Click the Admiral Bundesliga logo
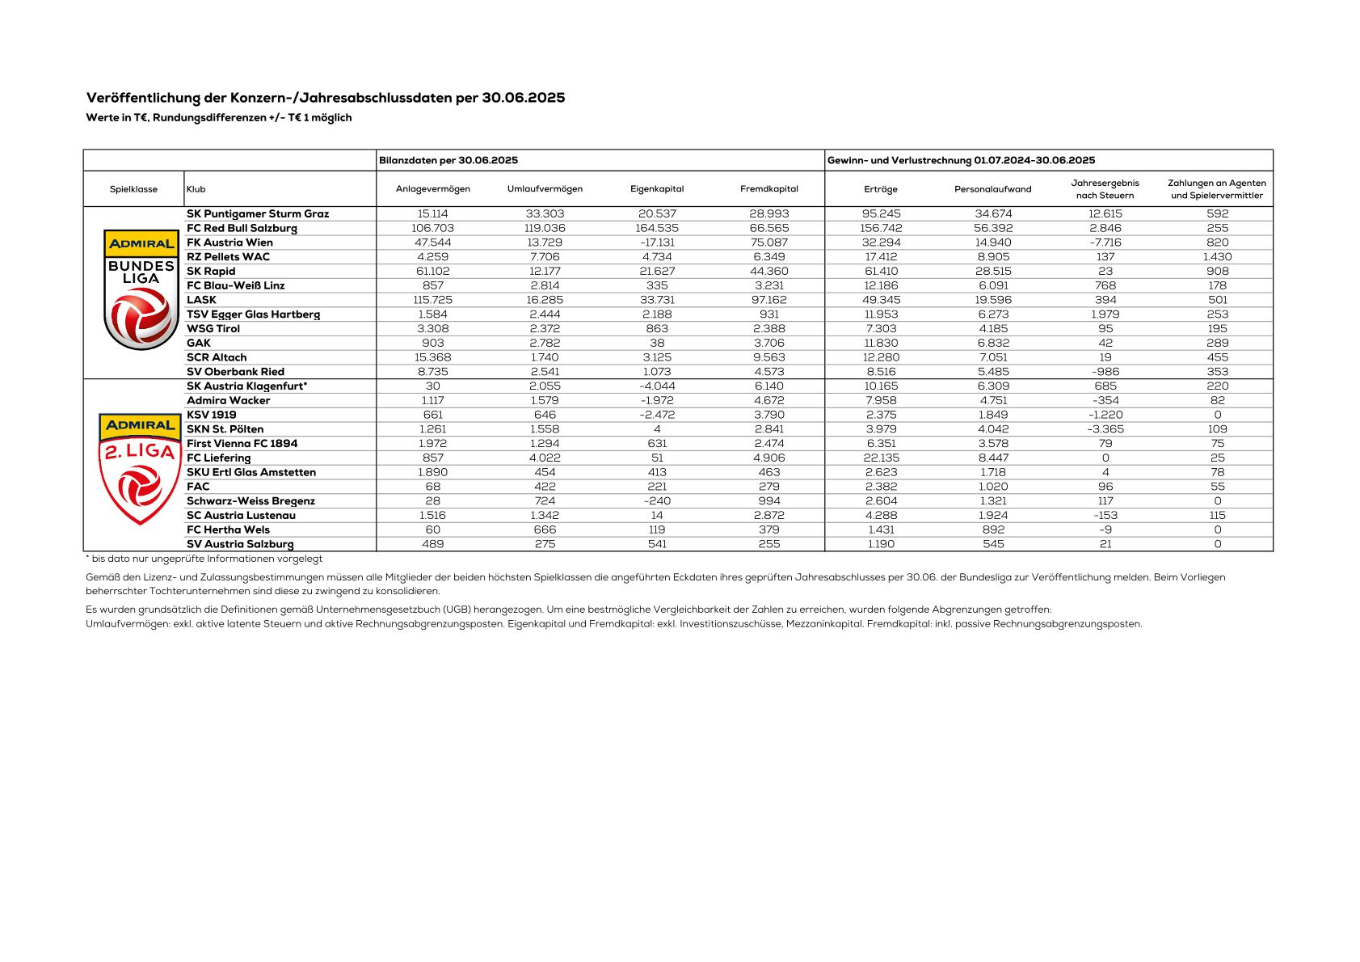141,289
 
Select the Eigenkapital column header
657,189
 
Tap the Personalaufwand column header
992,189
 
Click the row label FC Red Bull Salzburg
242,228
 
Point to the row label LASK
201,300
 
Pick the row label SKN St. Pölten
225,429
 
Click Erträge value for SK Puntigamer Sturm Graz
881,214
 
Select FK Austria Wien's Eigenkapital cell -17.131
657,243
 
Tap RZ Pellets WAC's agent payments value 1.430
1217,257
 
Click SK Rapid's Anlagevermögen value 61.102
433,272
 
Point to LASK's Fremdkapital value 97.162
768,300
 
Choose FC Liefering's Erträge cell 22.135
881,458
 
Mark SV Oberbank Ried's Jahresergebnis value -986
1105,372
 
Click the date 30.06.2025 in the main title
524,98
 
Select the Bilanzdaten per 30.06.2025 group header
448,160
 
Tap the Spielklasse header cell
133,189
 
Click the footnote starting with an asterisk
204,559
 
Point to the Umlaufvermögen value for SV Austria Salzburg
545,544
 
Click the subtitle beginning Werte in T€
218,118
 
